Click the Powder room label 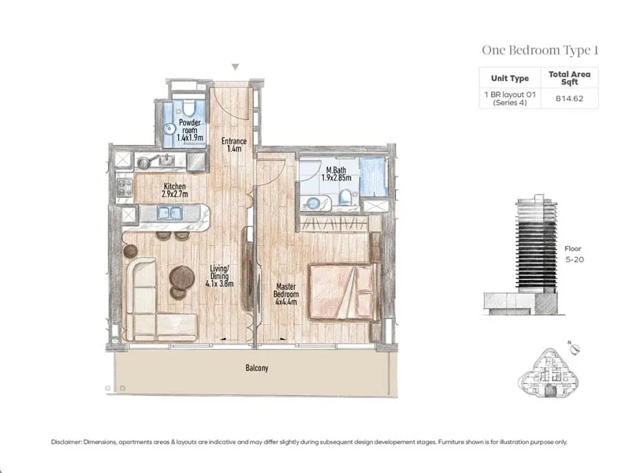click(x=190, y=130)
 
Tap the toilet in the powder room click(x=188, y=109)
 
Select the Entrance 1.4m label click(x=233, y=145)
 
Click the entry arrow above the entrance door click(x=235, y=67)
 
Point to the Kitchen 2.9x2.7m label click(x=174, y=190)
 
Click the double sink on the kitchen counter click(x=169, y=212)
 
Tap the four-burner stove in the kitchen click(x=125, y=188)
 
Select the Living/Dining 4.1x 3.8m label click(x=219, y=275)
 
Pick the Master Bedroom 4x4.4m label click(x=286, y=294)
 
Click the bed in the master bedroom click(x=342, y=292)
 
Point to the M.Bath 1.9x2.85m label click(x=336, y=173)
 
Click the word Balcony click(x=257, y=368)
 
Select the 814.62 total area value click(x=569, y=99)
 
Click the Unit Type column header click(x=510, y=78)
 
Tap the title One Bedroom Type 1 click(x=540, y=50)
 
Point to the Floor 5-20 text click(x=574, y=254)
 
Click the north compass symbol click(x=575, y=348)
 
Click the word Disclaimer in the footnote click(x=66, y=442)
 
